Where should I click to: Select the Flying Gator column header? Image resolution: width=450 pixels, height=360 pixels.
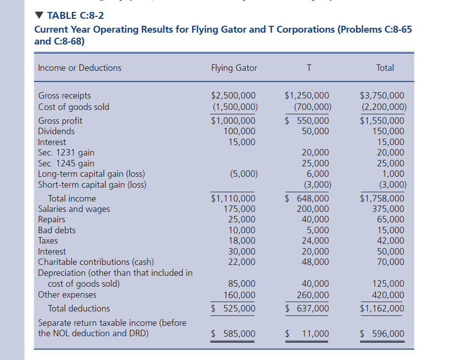[234, 68]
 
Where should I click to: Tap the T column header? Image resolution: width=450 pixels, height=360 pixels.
[309, 68]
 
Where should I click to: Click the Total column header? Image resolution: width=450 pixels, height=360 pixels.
[385, 68]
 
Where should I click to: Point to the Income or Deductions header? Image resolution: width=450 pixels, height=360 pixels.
[79, 68]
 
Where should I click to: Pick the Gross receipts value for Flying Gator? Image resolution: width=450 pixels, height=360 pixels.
[233, 96]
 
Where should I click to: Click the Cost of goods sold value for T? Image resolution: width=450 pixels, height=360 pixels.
[312, 106]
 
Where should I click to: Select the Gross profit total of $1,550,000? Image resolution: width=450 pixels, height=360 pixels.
[382, 121]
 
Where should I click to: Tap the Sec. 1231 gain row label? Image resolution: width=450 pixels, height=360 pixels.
[66, 153]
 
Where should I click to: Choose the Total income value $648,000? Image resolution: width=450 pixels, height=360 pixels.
[307, 199]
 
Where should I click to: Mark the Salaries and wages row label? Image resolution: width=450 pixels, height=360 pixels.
[74, 209]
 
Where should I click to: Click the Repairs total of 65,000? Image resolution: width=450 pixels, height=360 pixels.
[391, 219]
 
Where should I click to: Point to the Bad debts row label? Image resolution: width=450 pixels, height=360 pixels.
[57, 230]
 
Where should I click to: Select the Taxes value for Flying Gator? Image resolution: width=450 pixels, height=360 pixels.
[242, 241]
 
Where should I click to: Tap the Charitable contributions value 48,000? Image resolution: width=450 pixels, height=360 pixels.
[315, 262]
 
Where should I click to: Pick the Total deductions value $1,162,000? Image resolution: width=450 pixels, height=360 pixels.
[382, 309]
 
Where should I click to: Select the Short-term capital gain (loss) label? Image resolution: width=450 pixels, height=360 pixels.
[92, 185]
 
